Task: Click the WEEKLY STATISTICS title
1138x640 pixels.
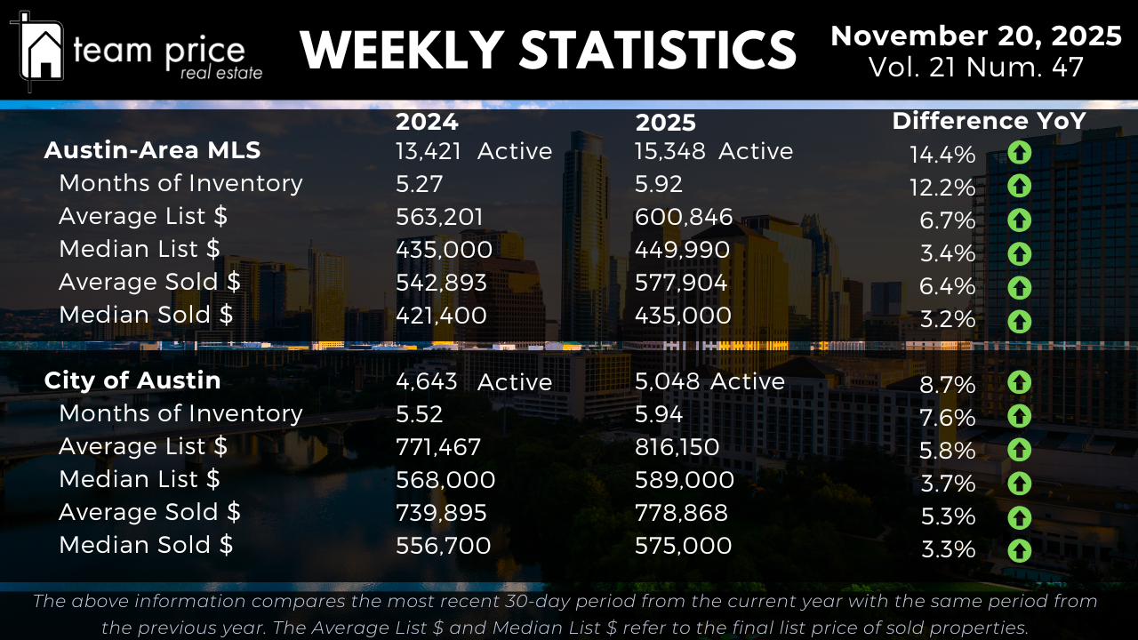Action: (x=548, y=50)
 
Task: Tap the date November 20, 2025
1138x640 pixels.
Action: (x=975, y=36)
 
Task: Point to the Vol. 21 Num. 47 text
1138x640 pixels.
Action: (x=975, y=68)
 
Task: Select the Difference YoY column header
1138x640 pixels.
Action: (x=989, y=121)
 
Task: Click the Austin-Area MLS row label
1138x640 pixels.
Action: (x=152, y=150)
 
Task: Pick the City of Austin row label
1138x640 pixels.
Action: (x=132, y=380)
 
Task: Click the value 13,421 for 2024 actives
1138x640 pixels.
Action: (x=429, y=151)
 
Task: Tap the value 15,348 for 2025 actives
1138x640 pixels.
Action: (x=669, y=151)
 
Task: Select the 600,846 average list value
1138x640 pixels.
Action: (x=684, y=217)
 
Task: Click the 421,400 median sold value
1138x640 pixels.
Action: (x=441, y=316)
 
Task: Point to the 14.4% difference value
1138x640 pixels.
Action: (x=942, y=155)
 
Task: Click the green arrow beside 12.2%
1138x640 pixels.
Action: (x=1019, y=186)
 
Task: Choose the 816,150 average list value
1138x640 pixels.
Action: (x=677, y=447)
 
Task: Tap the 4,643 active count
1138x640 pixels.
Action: (x=427, y=381)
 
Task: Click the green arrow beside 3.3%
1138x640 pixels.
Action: (x=1019, y=550)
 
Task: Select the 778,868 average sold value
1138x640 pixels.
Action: (x=681, y=513)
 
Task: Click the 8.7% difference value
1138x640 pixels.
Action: (x=949, y=385)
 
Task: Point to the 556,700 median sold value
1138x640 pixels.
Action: (x=443, y=546)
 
